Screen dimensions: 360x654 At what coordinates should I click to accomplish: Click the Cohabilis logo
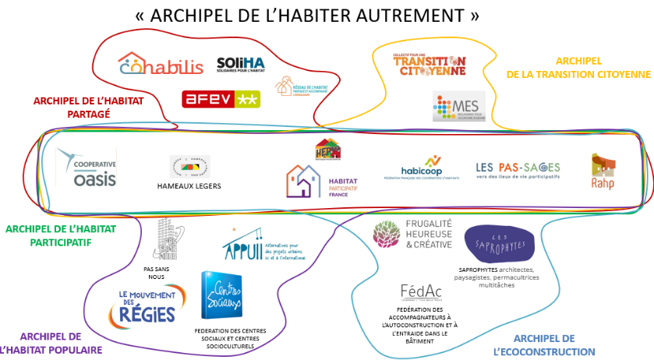click(161, 65)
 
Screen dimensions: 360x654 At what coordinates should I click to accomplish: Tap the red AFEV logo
click(221, 99)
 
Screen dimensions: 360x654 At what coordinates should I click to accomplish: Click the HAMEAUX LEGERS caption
click(189, 186)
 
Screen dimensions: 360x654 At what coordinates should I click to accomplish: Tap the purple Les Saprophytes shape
click(499, 245)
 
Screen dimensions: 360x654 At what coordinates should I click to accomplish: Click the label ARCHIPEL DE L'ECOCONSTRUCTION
click(554, 345)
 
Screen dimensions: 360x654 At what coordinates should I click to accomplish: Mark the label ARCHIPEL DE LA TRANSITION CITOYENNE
click(578, 68)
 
